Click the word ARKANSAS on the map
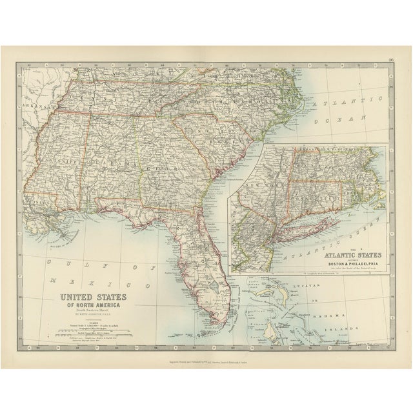coord(37,105)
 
